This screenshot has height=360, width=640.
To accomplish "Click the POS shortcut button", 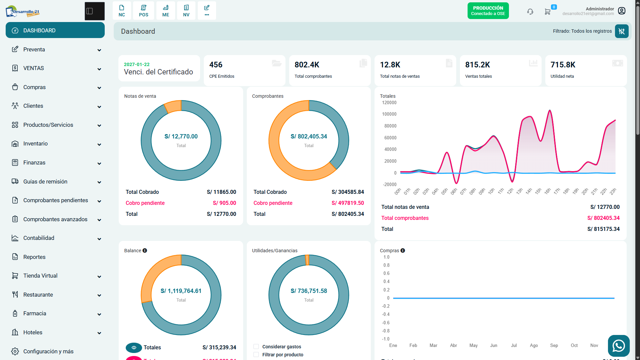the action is click(x=144, y=11).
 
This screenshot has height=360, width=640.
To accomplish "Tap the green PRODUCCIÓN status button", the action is click(x=488, y=11).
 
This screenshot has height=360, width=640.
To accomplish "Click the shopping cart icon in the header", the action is click(x=547, y=12).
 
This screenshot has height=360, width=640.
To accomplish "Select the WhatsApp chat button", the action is click(x=619, y=346).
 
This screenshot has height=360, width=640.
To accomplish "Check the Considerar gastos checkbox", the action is click(x=256, y=347).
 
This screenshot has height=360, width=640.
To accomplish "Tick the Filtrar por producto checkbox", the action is click(x=256, y=355).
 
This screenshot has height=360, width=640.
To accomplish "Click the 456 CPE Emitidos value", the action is click(x=216, y=65).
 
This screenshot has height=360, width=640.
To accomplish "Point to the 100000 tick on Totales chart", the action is click(x=389, y=114).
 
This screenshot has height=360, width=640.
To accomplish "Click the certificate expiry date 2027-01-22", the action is click(x=137, y=64).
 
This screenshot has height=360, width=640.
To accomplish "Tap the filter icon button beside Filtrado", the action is click(x=622, y=31).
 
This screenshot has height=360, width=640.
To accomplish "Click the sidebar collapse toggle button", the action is click(x=95, y=11).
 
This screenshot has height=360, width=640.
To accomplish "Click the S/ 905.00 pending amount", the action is click(x=224, y=203).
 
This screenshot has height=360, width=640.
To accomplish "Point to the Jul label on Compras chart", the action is click(x=514, y=345).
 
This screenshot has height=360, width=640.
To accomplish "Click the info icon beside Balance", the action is click(x=145, y=251).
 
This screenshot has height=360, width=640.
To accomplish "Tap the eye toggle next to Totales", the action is click(x=134, y=348).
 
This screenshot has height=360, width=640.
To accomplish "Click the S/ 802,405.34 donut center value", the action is click(x=309, y=136).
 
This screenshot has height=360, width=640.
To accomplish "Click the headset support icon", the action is click(x=530, y=12).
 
